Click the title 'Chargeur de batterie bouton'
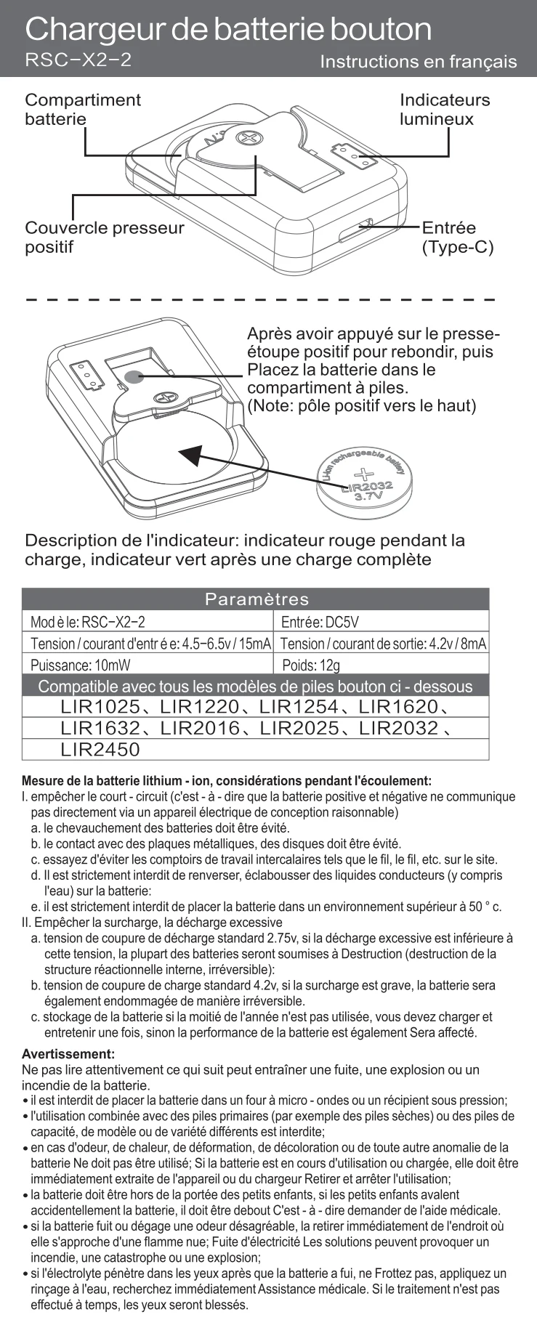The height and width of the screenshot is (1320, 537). point(228,29)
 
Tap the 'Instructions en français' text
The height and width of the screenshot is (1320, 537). point(418,62)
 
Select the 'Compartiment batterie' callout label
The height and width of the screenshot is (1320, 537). point(83,109)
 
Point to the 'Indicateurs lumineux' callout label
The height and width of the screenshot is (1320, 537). point(445,109)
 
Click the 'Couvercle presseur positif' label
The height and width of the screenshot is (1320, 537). point(104,237)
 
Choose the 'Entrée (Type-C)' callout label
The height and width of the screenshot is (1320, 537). point(458,238)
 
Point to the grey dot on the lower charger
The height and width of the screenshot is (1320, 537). point(133,376)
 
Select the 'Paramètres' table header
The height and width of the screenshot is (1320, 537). point(256,599)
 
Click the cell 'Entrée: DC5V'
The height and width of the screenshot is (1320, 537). point(320,622)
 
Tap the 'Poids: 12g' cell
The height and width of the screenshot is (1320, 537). point(311,665)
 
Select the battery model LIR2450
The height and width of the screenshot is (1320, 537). point(100,749)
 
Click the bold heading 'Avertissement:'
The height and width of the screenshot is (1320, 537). point(68,1053)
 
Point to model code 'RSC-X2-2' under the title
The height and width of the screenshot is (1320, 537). point(78,60)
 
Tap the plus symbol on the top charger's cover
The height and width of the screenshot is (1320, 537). point(250,138)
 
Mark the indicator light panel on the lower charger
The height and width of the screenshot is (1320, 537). point(87,375)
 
